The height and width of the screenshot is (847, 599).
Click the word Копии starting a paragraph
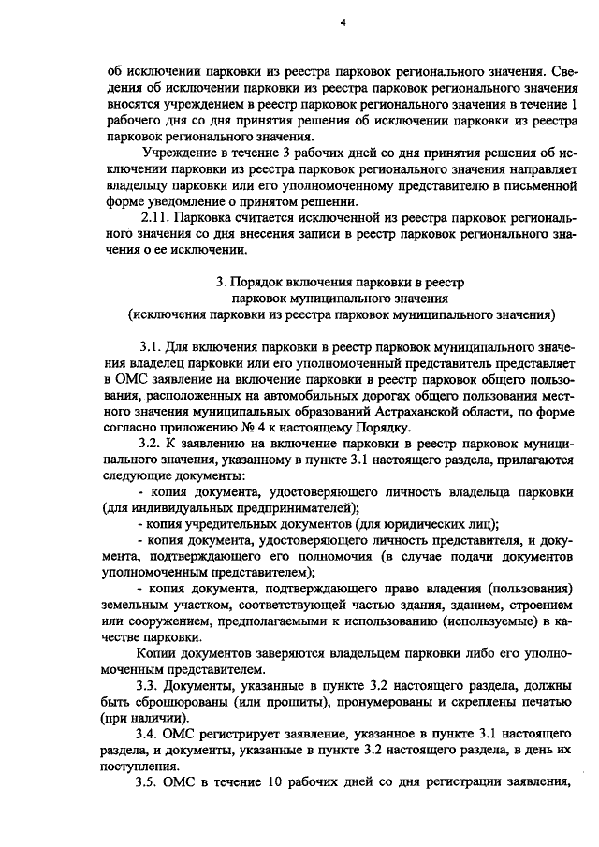coord(155,653)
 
